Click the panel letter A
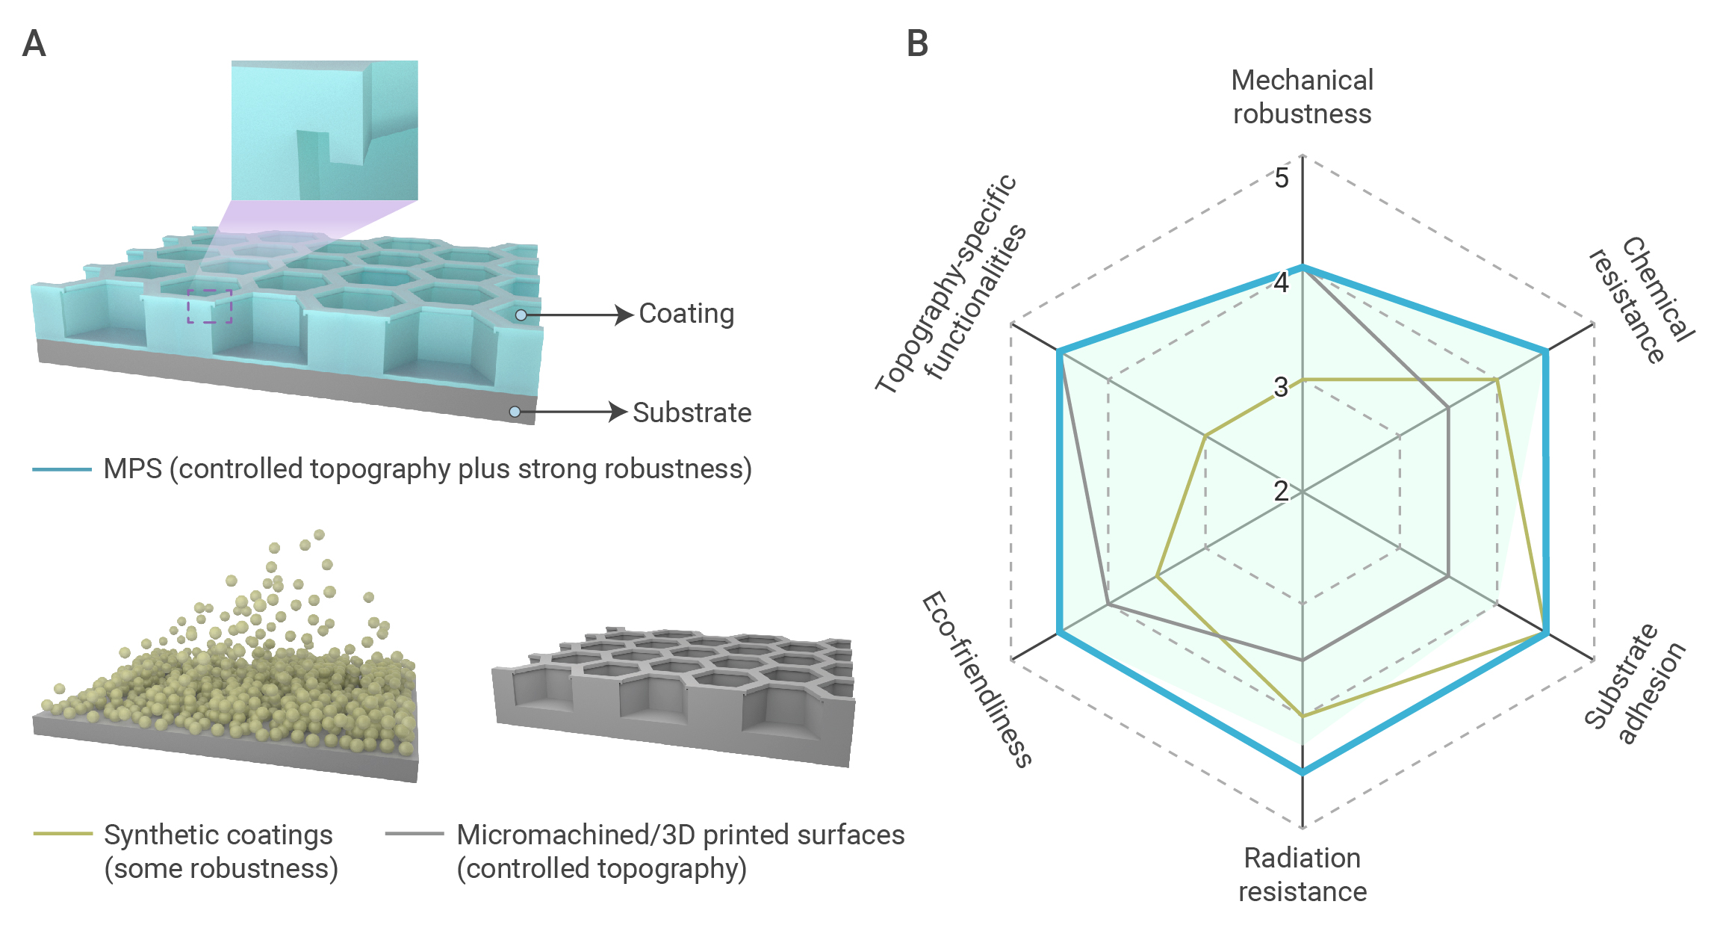click(x=34, y=43)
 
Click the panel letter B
click(x=917, y=43)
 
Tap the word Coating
click(x=686, y=314)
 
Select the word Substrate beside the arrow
click(x=692, y=412)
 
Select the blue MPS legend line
click(x=62, y=469)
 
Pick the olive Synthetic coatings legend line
click(x=63, y=833)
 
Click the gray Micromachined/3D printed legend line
click(x=415, y=833)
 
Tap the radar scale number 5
click(x=1282, y=178)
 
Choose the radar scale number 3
click(x=1281, y=387)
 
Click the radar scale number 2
click(x=1281, y=491)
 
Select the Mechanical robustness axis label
click(x=1302, y=97)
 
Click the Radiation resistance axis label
click(x=1303, y=874)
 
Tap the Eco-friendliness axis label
click(x=977, y=679)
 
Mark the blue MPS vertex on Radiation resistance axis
click(x=1303, y=772)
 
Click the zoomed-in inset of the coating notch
click(x=324, y=130)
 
